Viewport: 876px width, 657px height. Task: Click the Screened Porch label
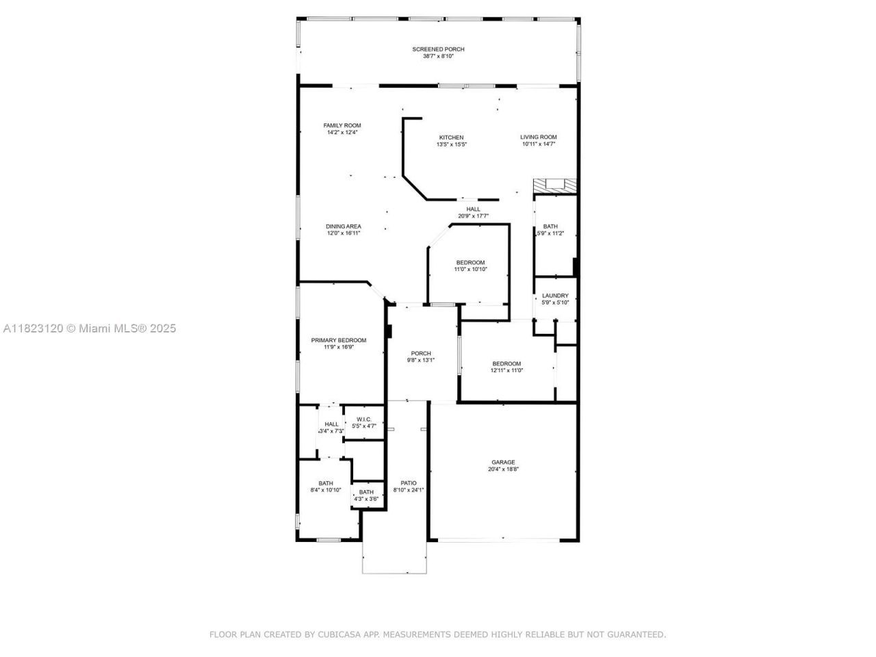pyautogui.click(x=438, y=49)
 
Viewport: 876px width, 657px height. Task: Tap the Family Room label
pyautogui.click(x=342, y=125)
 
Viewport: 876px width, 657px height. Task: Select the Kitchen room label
pyautogui.click(x=451, y=138)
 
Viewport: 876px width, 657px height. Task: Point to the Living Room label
pyautogui.click(x=539, y=137)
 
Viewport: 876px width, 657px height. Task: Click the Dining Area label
pyautogui.click(x=344, y=227)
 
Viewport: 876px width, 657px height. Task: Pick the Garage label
pyautogui.click(x=503, y=462)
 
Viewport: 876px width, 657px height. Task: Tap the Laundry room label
pyautogui.click(x=555, y=296)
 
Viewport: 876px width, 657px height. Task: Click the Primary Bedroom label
pyautogui.click(x=339, y=340)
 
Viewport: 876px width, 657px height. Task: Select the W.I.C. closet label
pyautogui.click(x=363, y=419)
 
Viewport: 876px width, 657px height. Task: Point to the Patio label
pyautogui.click(x=409, y=482)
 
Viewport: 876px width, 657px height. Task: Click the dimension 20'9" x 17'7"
pyautogui.click(x=473, y=216)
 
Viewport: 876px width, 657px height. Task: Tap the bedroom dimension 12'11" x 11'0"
pyautogui.click(x=506, y=371)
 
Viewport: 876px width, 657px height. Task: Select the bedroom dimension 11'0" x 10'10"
pyautogui.click(x=470, y=270)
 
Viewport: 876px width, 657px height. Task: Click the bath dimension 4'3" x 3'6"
pyautogui.click(x=366, y=499)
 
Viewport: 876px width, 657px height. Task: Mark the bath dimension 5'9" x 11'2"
pyautogui.click(x=551, y=233)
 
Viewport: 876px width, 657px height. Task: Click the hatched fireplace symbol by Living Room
pyautogui.click(x=555, y=185)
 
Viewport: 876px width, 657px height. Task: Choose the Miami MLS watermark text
pyautogui.click(x=90, y=328)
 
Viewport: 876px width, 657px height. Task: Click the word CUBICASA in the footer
pyautogui.click(x=339, y=635)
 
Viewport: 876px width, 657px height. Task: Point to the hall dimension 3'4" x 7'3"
pyautogui.click(x=331, y=431)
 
